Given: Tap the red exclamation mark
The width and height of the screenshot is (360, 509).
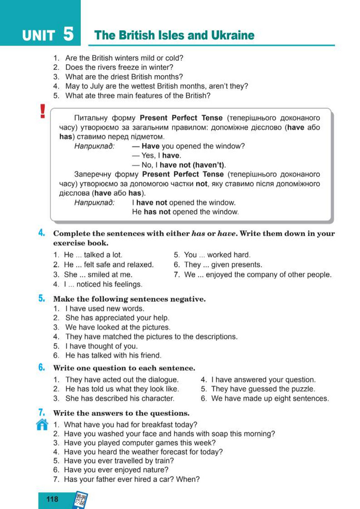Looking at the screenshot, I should tap(42, 112).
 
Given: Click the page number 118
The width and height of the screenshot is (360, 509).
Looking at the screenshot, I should tap(52, 499).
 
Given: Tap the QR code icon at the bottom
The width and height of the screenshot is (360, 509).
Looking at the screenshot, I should tap(80, 500).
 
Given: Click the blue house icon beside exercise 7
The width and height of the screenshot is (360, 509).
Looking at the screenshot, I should tap(42, 425).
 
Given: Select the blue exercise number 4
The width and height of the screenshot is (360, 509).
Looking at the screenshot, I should tap(41, 233).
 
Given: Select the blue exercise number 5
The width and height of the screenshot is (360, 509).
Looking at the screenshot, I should tap(41, 298).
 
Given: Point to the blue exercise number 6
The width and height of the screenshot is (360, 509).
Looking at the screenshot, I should tap(41, 368).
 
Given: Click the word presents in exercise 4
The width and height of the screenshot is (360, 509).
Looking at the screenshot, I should tap(247, 265).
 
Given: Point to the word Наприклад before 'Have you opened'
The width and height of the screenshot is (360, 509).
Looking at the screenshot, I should tap(94, 146).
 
